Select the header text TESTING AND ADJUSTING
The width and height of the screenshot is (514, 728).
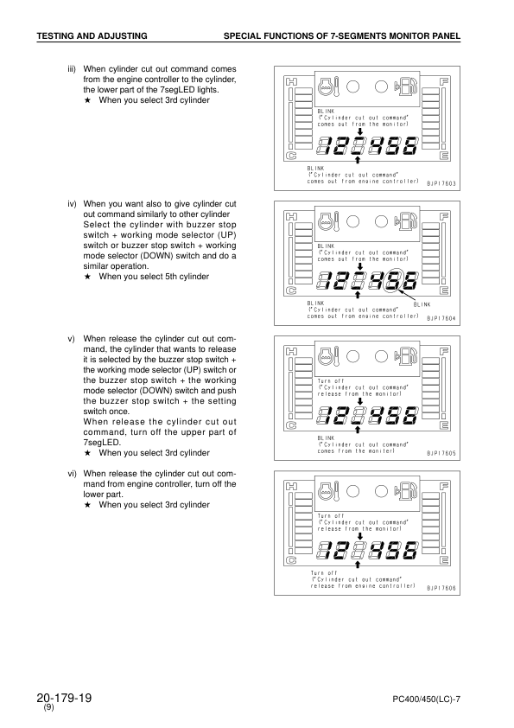point(91,35)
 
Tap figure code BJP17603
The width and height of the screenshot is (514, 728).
point(442,183)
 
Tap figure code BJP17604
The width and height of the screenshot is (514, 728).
point(442,318)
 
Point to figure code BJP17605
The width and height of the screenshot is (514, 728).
point(442,452)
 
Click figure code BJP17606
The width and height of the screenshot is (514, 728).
point(442,587)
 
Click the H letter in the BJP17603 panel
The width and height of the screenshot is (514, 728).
point(292,82)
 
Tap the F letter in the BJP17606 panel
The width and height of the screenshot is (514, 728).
point(444,486)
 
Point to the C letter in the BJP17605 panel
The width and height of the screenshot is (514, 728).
point(292,425)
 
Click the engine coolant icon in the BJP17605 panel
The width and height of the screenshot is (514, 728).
point(327,355)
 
